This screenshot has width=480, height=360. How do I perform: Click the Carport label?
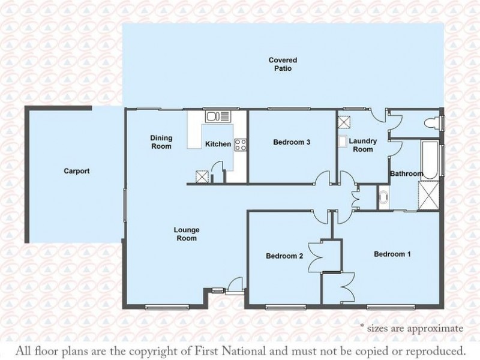tap(77, 171)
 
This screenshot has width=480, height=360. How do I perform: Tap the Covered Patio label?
tap(283, 64)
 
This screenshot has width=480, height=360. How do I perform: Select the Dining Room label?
tap(161, 142)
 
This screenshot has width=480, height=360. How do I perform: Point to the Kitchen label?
tap(218, 144)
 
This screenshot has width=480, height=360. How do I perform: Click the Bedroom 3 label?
tap(292, 142)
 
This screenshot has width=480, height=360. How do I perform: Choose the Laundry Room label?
tap(363, 145)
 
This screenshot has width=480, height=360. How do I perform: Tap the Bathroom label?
tap(407, 173)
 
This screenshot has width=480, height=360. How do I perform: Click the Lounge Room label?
tap(187, 234)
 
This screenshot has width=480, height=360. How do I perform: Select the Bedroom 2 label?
tap(284, 256)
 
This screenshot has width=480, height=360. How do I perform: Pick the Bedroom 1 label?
tap(392, 254)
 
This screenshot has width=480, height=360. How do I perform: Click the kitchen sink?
tap(218, 116)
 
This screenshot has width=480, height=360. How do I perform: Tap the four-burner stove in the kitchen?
tap(241, 145)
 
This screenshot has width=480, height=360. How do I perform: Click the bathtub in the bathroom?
tap(430, 160)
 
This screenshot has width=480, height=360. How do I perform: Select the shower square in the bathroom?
tap(428, 196)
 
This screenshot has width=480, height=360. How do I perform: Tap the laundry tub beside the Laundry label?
tap(342, 142)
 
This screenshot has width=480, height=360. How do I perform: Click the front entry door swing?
tap(235, 283)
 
